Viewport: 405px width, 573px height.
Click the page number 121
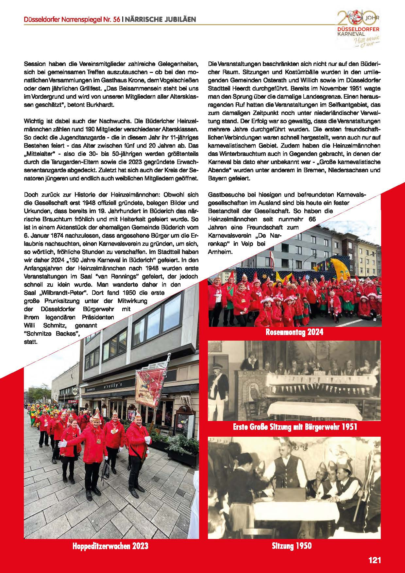click(375, 560)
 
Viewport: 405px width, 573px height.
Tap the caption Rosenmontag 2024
click(295, 332)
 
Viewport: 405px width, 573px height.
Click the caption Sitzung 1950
click(292, 546)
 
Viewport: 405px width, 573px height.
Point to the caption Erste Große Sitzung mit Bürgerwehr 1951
click(295, 427)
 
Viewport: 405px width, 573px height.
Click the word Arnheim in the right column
click(220, 252)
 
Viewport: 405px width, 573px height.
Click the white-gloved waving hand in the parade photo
click(62, 444)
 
